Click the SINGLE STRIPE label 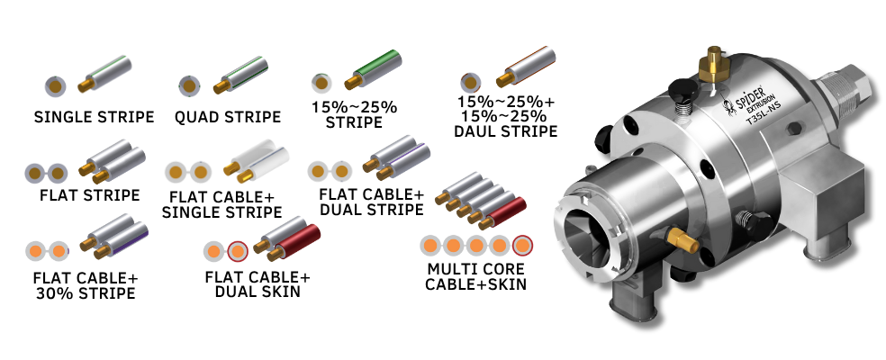coord(94,117)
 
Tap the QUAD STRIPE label coord(228,117)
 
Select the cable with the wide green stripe coord(374,69)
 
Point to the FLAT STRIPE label coord(90,195)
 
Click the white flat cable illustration coord(257,164)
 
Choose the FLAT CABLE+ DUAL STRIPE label coord(371,202)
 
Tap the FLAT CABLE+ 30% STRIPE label coord(86,285)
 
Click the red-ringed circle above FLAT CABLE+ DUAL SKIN coord(238,250)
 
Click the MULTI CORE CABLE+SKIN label coord(475,276)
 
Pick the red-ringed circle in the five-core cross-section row coord(522,246)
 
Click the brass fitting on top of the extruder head coord(710,65)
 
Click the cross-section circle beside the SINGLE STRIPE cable coord(56,86)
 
